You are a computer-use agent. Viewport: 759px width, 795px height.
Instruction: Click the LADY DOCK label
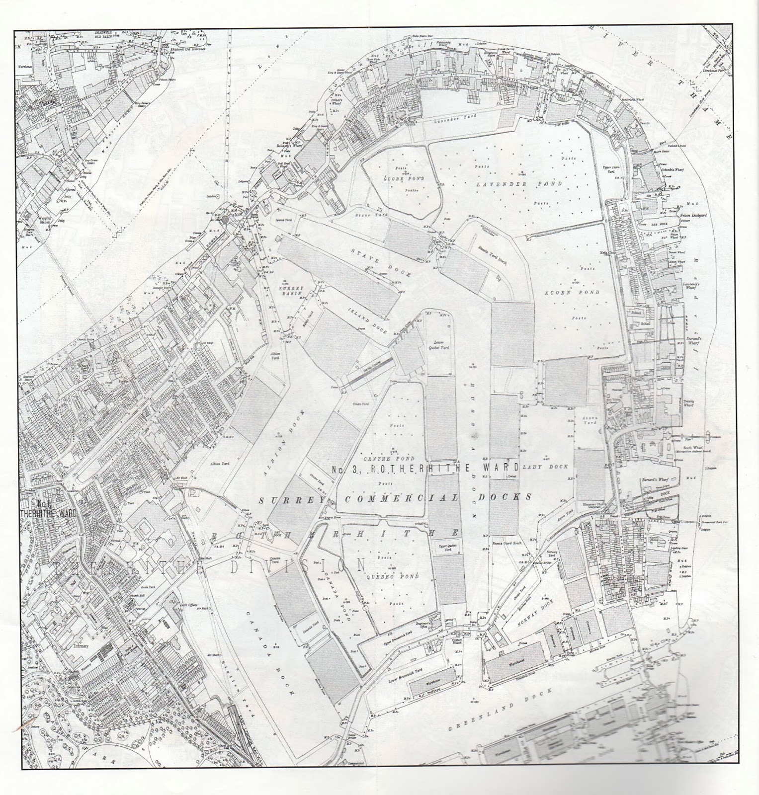539,468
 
